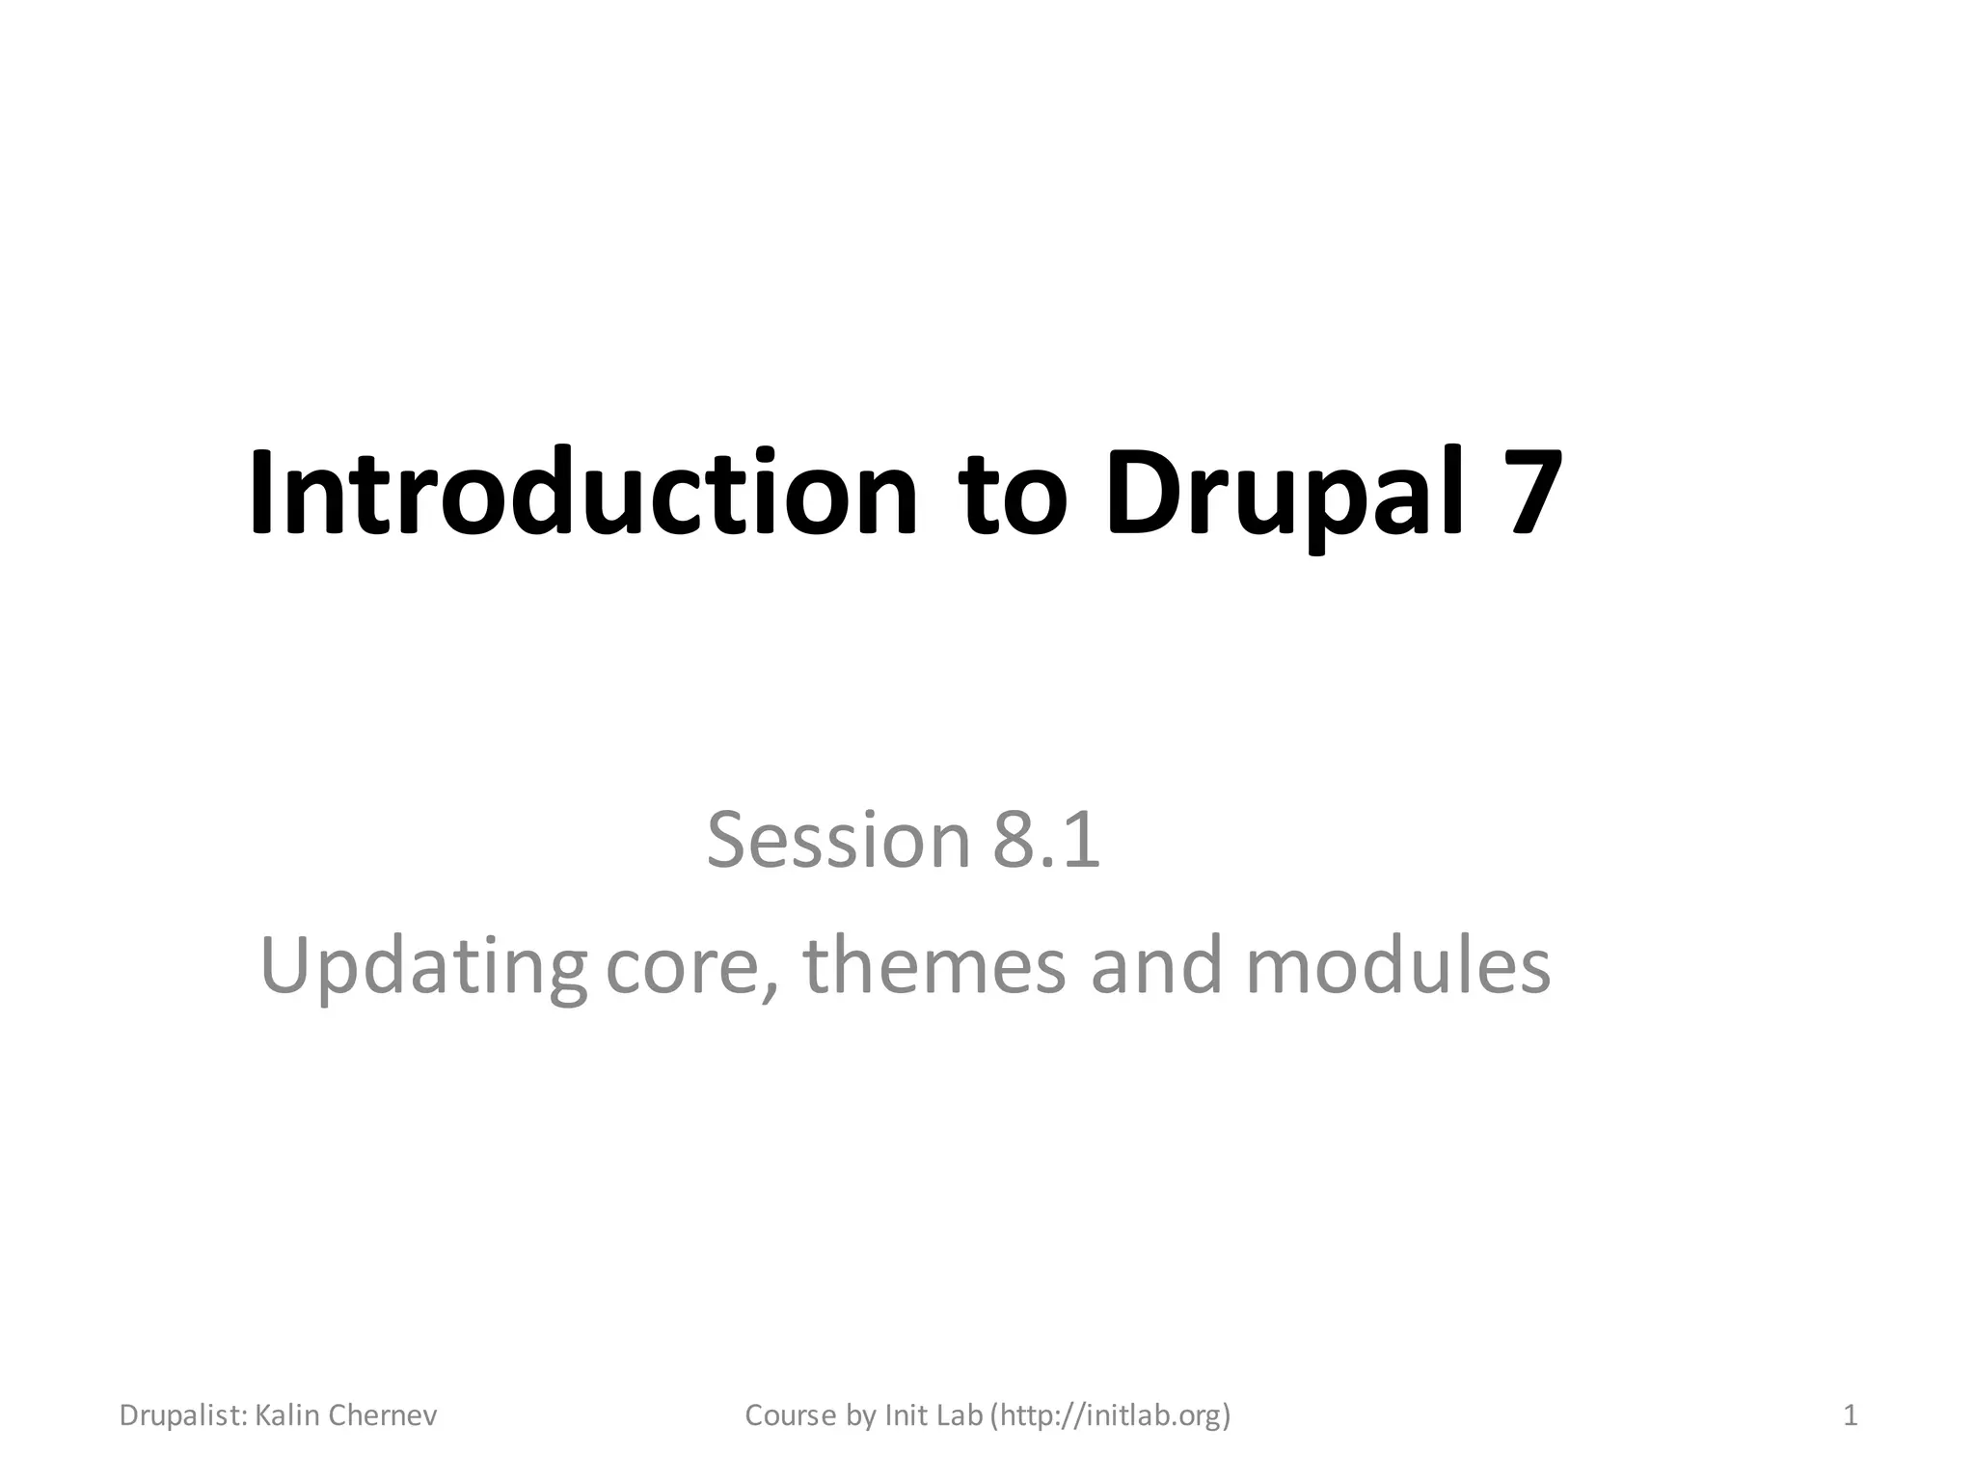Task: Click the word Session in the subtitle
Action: (x=837, y=840)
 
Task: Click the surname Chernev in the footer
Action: (x=383, y=1415)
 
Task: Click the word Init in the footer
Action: (x=905, y=1415)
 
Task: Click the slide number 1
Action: (x=1850, y=1415)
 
